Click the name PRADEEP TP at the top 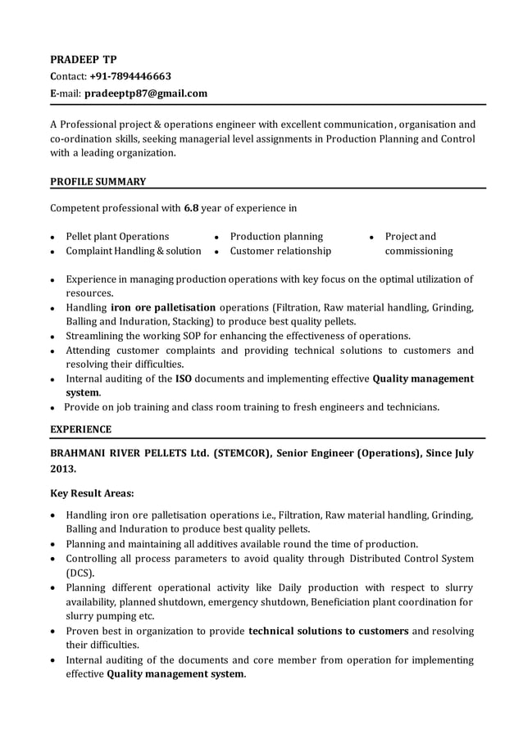pos(84,60)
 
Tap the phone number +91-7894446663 pos(130,77)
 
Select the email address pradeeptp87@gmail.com pos(146,93)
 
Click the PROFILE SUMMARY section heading pos(98,181)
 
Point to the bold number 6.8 pos(191,208)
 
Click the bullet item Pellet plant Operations pos(117,236)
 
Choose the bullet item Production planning pos(276,236)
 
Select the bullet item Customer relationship pos(280,251)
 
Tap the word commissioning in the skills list pos(418,251)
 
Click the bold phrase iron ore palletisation pos(163,307)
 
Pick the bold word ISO pos(184,379)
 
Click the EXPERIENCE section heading pos(81,429)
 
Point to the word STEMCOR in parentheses pos(243,453)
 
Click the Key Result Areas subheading pos(93,494)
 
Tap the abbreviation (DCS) pos(80,573)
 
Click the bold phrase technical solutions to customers pos(328,631)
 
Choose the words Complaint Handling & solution pos(133,251)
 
